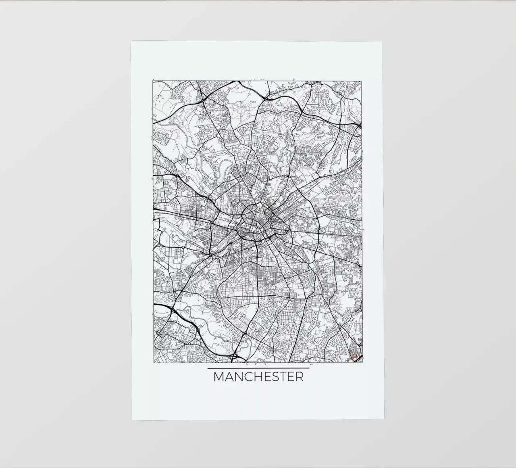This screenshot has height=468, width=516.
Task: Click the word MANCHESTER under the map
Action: click(x=258, y=377)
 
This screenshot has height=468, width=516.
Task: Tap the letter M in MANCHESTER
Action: click(x=219, y=377)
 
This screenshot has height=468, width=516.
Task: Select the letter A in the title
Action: click(x=229, y=377)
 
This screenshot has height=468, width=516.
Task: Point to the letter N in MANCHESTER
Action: click(x=239, y=377)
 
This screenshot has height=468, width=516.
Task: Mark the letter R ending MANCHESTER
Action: click(x=299, y=377)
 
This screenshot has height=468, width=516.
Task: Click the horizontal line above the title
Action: click(x=258, y=368)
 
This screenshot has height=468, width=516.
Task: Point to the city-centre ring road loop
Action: click(x=251, y=221)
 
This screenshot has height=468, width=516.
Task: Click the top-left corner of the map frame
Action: click(x=153, y=81)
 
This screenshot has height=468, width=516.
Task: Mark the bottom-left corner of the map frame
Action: click(x=153, y=360)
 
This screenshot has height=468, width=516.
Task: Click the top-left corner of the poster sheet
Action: click(x=131, y=42)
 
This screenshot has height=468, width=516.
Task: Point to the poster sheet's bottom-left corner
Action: click(x=132, y=420)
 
